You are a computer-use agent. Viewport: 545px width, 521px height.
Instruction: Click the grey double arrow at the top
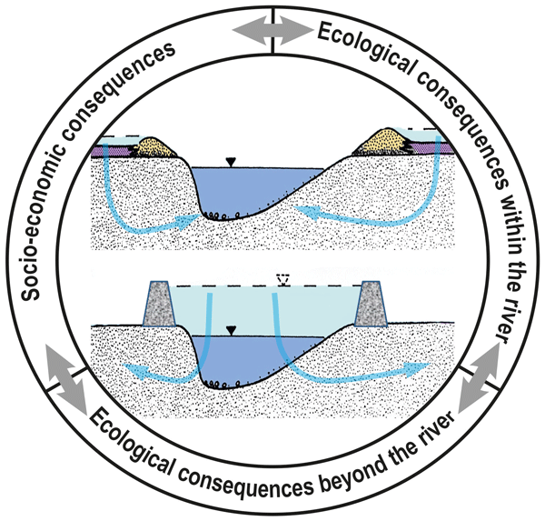click(x=272, y=29)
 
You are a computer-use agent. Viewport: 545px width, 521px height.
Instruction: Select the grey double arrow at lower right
click(x=479, y=380)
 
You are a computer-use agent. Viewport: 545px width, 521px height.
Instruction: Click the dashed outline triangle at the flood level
click(x=282, y=281)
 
